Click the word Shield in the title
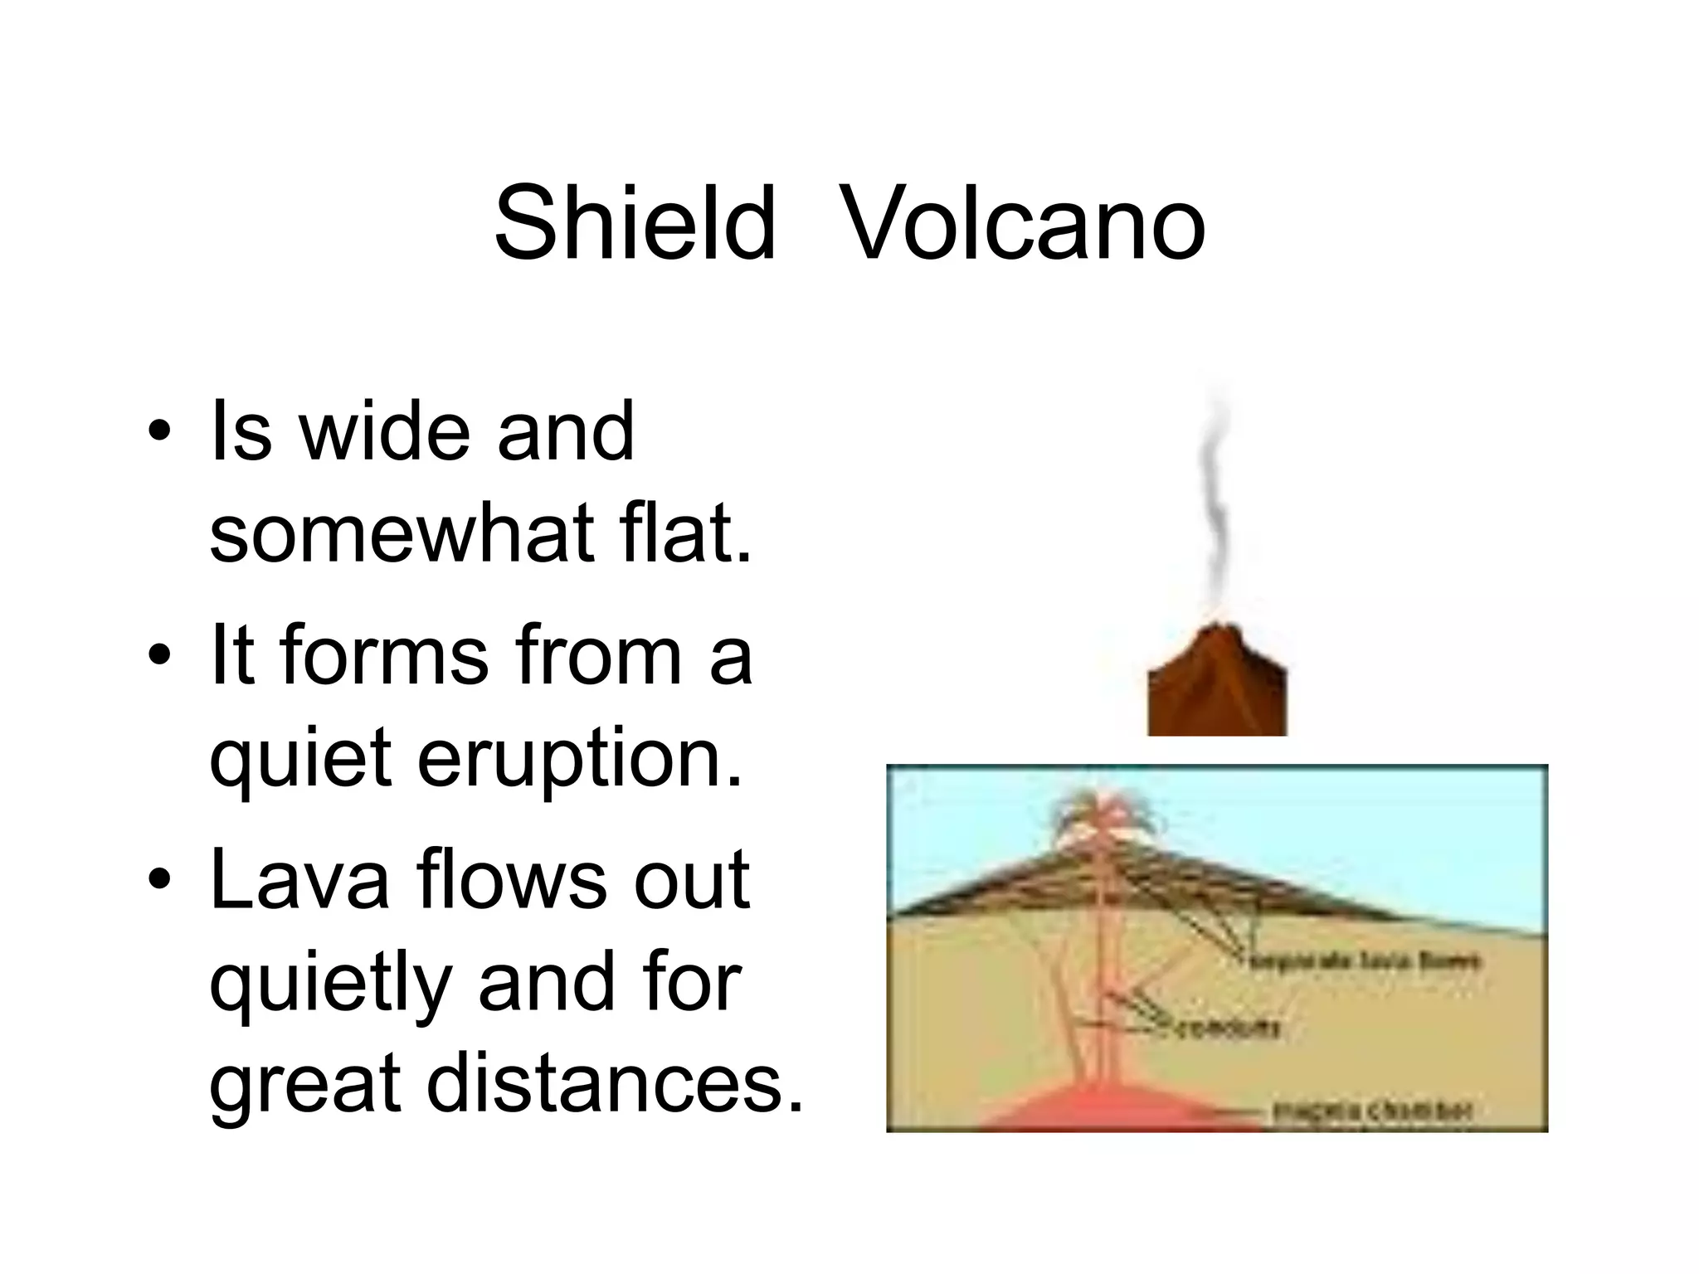point(635,225)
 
